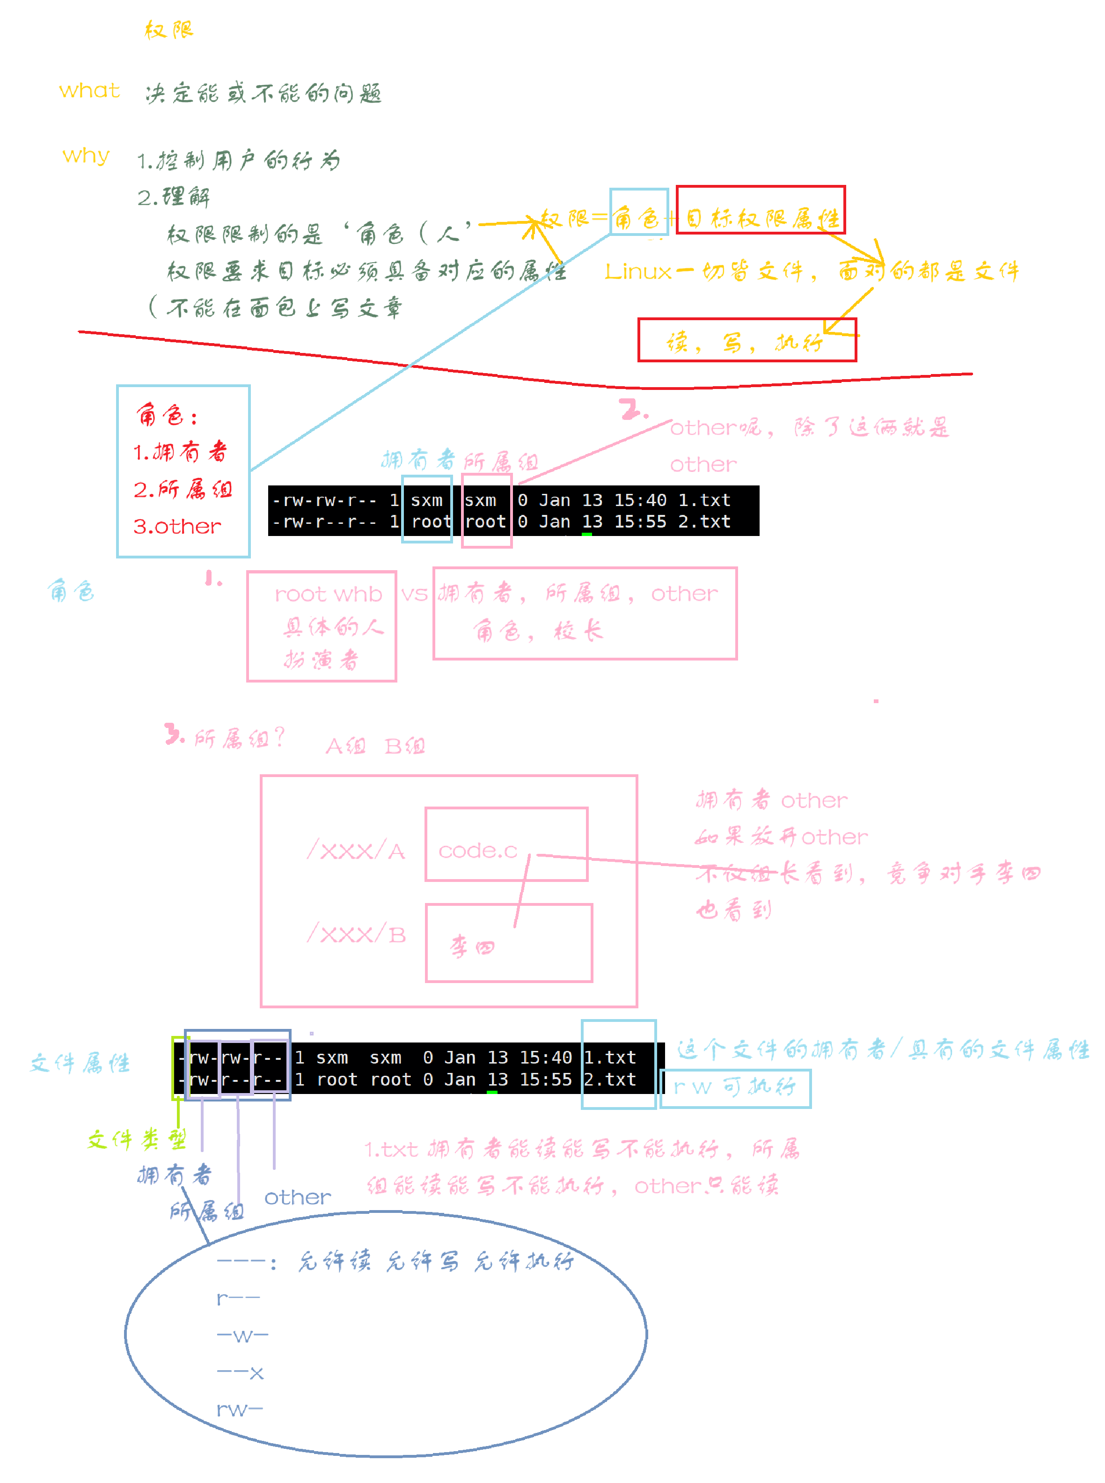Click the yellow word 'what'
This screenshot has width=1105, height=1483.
[89, 90]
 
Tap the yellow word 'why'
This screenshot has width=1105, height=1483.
[86, 156]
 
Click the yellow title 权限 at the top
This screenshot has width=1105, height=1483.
[168, 30]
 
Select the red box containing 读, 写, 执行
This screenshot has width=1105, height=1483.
[746, 340]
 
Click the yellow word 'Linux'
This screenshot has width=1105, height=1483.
[637, 272]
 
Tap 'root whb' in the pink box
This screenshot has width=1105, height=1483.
[328, 594]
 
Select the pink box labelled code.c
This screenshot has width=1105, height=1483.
[506, 844]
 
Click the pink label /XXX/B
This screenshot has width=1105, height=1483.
[356, 934]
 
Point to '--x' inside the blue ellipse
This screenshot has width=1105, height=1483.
[240, 1373]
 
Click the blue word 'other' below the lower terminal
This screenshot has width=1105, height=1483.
[298, 1197]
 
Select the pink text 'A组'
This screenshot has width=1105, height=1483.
[345, 746]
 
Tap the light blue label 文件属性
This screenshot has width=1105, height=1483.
[80, 1063]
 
